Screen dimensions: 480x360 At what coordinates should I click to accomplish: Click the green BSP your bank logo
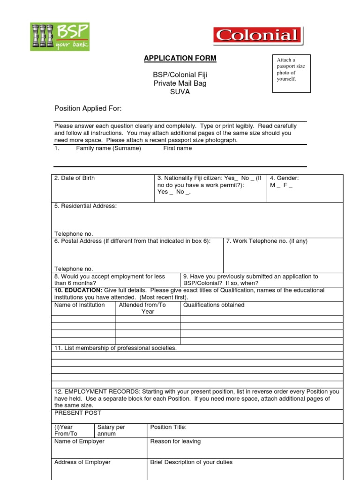pos(60,37)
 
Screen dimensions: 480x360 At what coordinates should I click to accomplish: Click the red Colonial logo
pos(258,36)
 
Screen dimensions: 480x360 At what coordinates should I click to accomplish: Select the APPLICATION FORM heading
pos(180,58)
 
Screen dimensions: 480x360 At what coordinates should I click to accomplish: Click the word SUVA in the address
pos(180,92)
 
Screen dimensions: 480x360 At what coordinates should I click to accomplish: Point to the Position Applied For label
pos(88,109)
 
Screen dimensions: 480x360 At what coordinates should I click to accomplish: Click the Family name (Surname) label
pos(108,148)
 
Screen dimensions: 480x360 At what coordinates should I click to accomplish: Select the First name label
pos(177,148)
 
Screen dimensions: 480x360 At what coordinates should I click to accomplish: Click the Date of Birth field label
pos(75,178)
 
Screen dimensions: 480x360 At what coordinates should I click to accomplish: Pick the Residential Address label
pos(85,206)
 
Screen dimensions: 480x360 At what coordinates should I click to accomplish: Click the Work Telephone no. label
pos(267,241)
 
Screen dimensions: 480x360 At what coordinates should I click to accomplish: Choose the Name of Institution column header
pos(80,305)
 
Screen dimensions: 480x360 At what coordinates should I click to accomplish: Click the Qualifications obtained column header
pos(214,305)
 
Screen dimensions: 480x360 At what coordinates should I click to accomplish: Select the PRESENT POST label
pos(78,413)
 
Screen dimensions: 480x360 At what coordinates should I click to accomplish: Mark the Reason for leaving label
pos(175,442)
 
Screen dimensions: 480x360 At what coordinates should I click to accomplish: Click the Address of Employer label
pos(82,462)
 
